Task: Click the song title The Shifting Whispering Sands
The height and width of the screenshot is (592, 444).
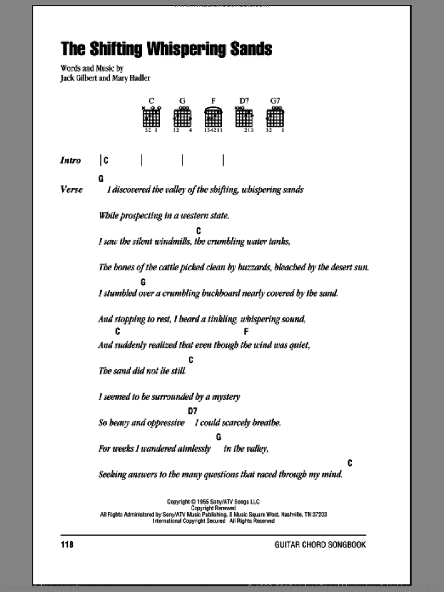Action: click(x=166, y=49)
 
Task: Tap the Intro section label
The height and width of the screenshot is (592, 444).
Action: click(x=70, y=161)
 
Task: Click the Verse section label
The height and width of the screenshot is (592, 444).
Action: click(x=71, y=189)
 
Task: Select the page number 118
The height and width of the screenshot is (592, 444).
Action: click(x=69, y=544)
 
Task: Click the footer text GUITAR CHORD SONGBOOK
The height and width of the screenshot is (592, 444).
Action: click(x=320, y=544)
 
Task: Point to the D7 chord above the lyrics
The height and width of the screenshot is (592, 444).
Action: click(x=192, y=411)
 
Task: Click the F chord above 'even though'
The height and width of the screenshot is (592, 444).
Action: click(x=245, y=332)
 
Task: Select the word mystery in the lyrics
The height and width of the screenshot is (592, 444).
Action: click(x=223, y=397)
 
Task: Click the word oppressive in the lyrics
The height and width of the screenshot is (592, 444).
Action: click(x=161, y=423)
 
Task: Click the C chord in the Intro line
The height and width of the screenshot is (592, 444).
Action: click(x=106, y=161)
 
